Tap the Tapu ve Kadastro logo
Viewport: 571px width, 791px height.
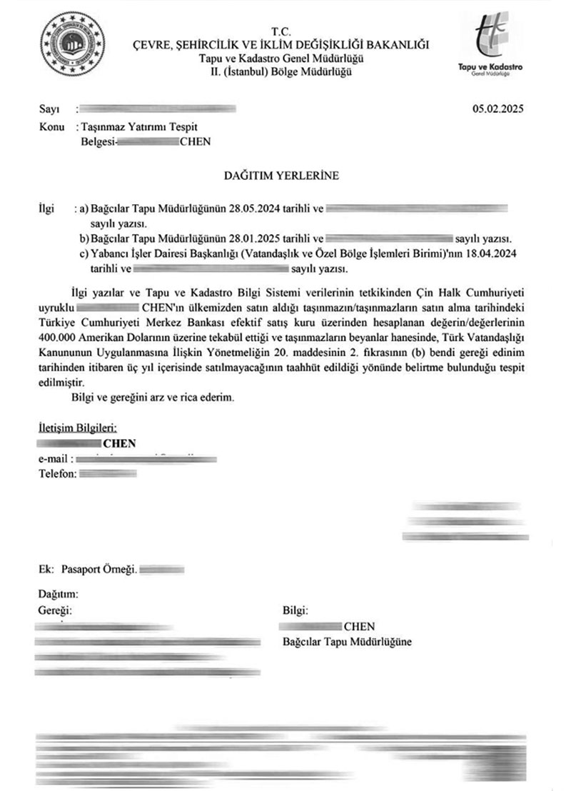coord(499,44)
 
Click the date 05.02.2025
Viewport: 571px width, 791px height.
coord(498,109)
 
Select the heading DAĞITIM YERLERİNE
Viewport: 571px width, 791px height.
coord(282,174)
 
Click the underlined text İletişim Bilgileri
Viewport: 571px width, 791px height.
coord(77,428)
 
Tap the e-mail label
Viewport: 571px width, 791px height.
coord(54,459)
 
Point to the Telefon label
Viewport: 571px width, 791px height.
coord(56,474)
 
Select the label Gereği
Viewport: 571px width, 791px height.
coord(55,610)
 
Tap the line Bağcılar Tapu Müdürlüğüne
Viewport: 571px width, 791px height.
coord(347,642)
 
